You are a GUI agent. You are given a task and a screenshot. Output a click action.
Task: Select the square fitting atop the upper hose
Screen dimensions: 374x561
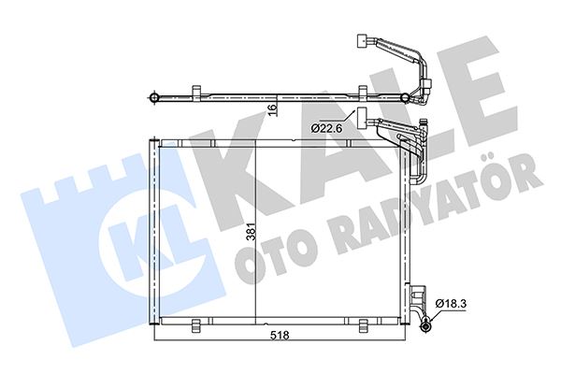coord(362,40)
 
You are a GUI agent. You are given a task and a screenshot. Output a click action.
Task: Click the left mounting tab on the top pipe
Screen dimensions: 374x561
coord(197,90)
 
